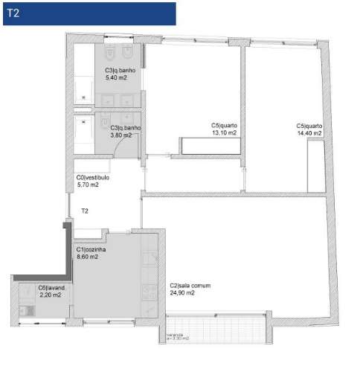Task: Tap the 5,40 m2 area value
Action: pyautogui.click(x=118, y=77)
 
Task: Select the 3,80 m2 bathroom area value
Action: pyautogui.click(x=120, y=135)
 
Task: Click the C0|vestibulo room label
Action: pyautogui.click(x=93, y=178)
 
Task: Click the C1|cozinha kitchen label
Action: pyautogui.click(x=91, y=249)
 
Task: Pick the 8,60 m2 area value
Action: pyautogui.click(x=87, y=257)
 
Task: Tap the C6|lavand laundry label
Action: pyautogui.click(x=53, y=288)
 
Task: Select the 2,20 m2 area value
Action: pyautogui.click(x=51, y=295)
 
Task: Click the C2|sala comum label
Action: pyautogui.click(x=183, y=286)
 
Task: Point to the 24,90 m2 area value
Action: pyautogui.click(x=181, y=293)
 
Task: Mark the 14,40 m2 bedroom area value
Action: pyautogui.click(x=309, y=133)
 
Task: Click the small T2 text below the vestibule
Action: pyautogui.click(x=85, y=211)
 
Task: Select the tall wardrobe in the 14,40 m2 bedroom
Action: pyautogui.click(x=314, y=164)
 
